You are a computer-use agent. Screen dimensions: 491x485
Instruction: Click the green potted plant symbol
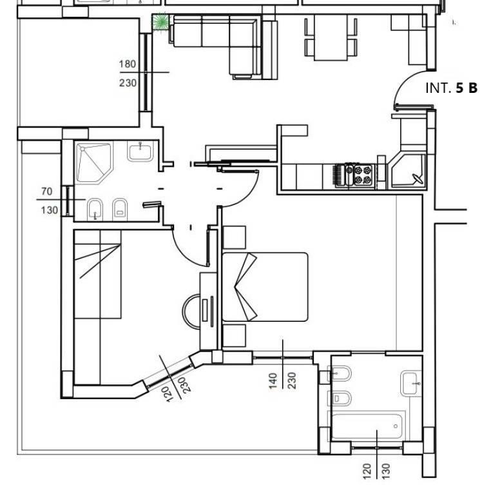[160, 22]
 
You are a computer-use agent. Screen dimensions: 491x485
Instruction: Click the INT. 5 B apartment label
[451, 88]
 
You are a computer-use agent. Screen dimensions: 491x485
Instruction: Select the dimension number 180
[128, 64]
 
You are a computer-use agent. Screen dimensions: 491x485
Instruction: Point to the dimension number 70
[46, 192]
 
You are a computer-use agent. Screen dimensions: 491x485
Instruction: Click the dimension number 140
[273, 381]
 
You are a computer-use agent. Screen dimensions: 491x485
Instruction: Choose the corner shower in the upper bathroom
[94, 163]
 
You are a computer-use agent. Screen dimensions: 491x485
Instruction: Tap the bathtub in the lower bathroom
[367, 426]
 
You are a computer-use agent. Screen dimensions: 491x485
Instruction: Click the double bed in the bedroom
[265, 287]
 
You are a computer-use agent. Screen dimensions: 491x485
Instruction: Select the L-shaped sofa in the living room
[216, 44]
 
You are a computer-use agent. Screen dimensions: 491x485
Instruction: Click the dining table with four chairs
[331, 37]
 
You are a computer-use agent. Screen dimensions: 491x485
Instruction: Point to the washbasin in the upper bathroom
[140, 151]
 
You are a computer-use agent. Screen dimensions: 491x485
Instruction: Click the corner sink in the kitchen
[407, 171]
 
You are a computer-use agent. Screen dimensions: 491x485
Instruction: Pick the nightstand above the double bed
[234, 237]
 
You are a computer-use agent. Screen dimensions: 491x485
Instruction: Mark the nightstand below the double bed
[234, 336]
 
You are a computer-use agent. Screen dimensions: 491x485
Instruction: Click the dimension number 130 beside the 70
[50, 210]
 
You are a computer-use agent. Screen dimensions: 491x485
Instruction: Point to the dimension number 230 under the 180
[128, 83]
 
